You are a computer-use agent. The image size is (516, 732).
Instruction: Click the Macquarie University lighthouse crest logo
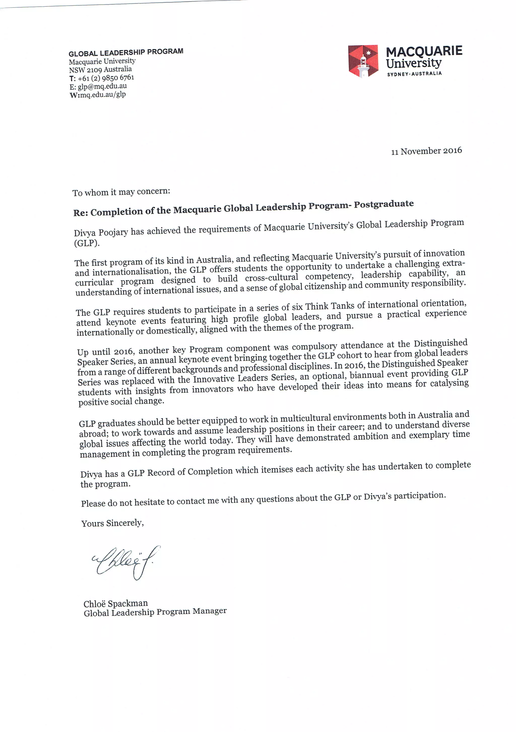(x=363, y=61)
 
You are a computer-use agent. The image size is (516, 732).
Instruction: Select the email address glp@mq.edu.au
(x=102, y=86)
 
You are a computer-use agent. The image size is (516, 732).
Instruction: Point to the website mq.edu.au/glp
(x=103, y=94)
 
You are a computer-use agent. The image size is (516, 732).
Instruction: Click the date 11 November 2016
(x=426, y=151)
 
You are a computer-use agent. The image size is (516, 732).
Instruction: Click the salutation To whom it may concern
(x=121, y=192)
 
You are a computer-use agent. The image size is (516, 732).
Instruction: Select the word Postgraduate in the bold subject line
(x=384, y=204)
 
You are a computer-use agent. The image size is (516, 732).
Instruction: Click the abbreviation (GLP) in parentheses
(x=87, y=243)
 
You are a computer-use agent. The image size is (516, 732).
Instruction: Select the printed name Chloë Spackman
(x=115, y=604)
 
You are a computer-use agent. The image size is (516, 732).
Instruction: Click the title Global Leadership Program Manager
(x=155, y=612)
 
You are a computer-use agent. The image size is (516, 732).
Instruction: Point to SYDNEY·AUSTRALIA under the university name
(x=414, y=74)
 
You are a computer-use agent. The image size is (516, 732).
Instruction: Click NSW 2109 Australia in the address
(x=100, y=69)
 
